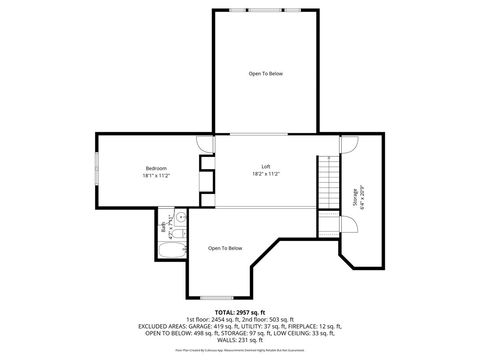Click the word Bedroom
point(156,167)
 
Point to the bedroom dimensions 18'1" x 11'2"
point(156,175)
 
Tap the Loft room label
point(266,166)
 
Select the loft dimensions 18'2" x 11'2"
point(266,174)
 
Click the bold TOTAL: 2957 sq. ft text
point(239,312)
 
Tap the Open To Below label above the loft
point(266,74)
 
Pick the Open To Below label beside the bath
point(225,248)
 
